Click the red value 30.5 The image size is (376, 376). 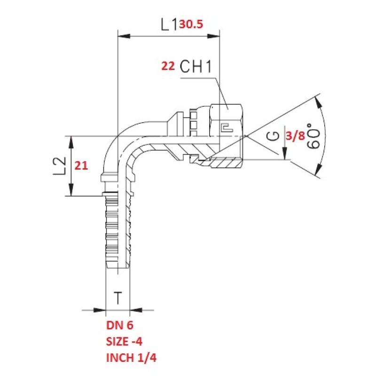coord(191,24)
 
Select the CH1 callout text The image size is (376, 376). coord(196,67)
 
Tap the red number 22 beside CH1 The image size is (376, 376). coord(168,67)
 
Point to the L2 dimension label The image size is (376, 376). coord(60,166)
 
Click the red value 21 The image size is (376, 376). coord(82,166)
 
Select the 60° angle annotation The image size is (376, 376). coord(314,137)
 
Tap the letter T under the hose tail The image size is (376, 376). coord(118,298)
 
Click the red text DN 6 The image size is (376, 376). coord(120,324)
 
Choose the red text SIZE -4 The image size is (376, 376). coord(125,341)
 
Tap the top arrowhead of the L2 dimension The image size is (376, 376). coord(70,141)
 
